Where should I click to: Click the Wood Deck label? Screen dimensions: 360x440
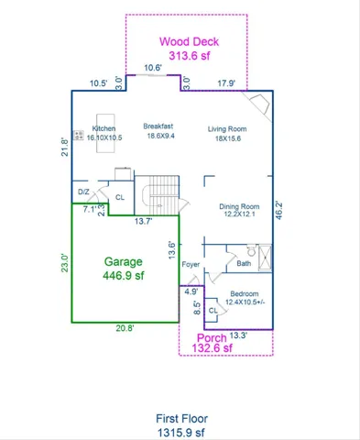tap(189, 41)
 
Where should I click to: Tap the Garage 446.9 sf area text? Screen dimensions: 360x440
tap(124, 269)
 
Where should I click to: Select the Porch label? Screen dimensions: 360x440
tap(212, 338)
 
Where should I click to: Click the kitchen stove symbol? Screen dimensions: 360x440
tap(79, 135)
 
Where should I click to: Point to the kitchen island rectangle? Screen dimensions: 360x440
tap(105, 133)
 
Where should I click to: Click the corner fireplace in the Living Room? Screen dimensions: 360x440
tap(259, 104)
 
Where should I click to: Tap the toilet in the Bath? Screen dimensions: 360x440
tap(251, 250)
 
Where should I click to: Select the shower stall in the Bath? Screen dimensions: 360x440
tap(265, 258)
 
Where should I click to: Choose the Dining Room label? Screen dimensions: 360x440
tap(239, 210)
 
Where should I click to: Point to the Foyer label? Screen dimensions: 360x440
tap(191, 264)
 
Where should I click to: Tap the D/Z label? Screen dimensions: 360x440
tap(83, 192)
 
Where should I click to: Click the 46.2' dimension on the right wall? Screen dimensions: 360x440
tap(278, 211)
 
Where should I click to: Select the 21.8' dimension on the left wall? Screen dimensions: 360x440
tap(65, 148)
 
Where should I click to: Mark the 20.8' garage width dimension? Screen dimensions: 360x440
tap(125, 328)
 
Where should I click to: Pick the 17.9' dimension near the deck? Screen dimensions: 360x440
tap(226, 83)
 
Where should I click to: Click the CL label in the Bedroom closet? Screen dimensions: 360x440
tap(213, 311)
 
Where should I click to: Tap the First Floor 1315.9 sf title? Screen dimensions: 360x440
tap(181, 425)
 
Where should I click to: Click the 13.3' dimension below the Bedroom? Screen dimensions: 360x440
tap(238, 335)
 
